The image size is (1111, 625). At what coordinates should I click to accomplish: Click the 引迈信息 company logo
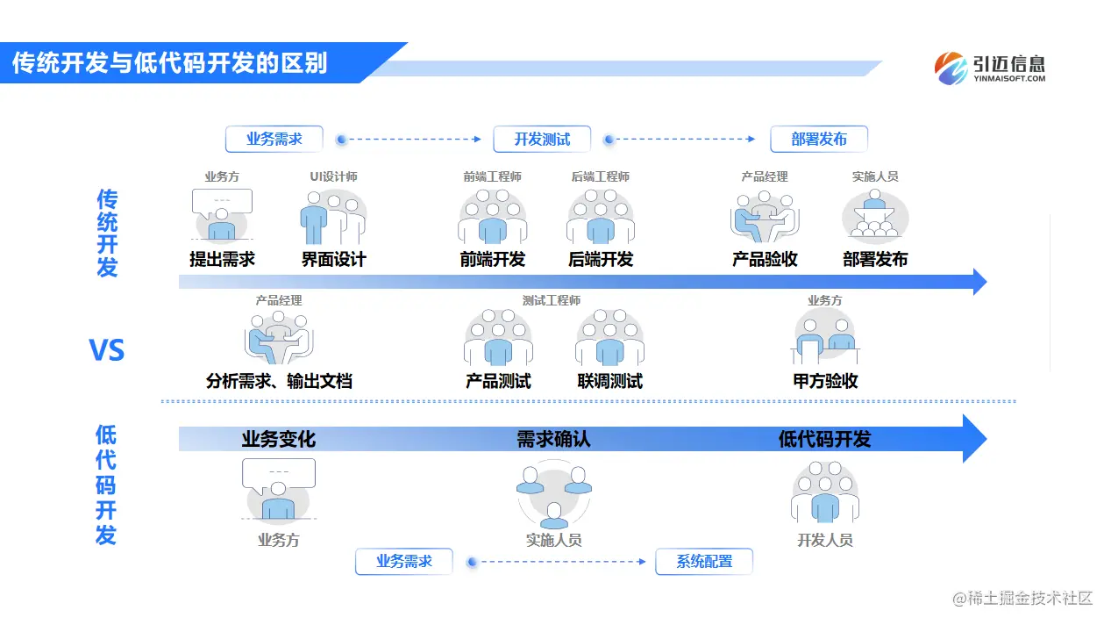tap(990, 68)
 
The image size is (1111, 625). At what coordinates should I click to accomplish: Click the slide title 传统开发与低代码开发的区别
tap(169, 63)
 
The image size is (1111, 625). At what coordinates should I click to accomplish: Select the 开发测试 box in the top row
tap(541, 139)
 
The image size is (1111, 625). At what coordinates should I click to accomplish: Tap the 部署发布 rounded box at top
tap(819, 139)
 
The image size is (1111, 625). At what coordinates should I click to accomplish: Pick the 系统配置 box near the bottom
tap(703, 561)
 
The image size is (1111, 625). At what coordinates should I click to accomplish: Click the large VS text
tap(107, 351)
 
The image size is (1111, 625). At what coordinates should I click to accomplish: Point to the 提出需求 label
tap(222, 259)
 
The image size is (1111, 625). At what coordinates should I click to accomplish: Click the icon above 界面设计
tap(333, 217)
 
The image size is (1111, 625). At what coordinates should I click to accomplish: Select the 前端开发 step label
tap(492, 259)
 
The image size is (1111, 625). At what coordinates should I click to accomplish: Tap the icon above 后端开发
tap(600, 217)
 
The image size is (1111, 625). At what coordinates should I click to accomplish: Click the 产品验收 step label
tap(765, 259)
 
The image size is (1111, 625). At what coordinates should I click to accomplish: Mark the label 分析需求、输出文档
tap(279, 381)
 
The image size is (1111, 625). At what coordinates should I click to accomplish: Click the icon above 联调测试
tap(609, 339)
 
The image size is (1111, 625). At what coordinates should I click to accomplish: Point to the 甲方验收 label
tap(825, 381)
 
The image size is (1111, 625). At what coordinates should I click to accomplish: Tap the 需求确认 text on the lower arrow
tap(553, 439)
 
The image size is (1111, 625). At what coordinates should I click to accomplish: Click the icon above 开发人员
tap(824, 495)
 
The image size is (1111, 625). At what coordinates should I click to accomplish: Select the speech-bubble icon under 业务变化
tap(278, 490)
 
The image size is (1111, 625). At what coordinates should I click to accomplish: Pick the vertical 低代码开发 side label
tap(106, 485)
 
